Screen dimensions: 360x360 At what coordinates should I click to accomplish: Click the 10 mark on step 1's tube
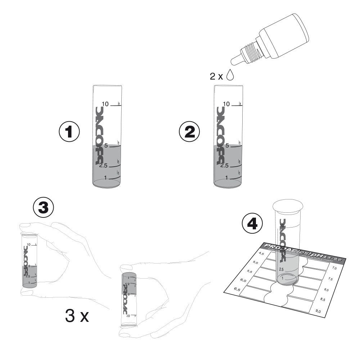pyautogui.click(x=105, y=104)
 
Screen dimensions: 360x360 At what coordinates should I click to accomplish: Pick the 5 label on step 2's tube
pyautogui.click(x=227, y=146)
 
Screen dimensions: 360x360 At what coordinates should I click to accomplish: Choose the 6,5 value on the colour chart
pyautogui.click(x=237, y=289)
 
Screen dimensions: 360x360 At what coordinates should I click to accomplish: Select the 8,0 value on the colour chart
pyautogui.click(x=326, y=289)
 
